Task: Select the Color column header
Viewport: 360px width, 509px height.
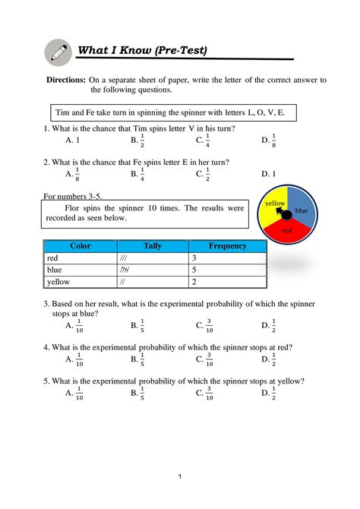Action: point(80,245)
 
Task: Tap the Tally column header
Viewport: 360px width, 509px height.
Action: point(151,245)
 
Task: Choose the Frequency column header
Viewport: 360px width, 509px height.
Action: point(227,245)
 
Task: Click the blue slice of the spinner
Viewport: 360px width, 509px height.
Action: point(301,210)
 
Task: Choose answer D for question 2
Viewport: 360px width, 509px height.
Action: point(267,174)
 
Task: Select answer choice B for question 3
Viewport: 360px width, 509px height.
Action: point(137,327)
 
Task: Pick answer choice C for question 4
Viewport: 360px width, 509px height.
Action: point(203,360)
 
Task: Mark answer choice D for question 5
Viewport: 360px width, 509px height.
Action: point(267,394)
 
